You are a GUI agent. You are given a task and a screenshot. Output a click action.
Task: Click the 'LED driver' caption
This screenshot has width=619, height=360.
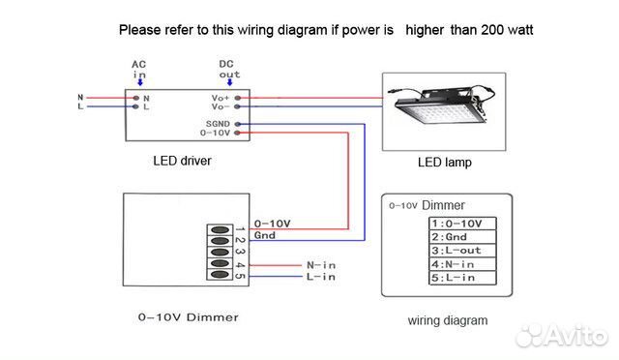(182, 161)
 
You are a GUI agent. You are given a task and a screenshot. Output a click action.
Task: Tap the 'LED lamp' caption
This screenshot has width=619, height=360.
(444, 163)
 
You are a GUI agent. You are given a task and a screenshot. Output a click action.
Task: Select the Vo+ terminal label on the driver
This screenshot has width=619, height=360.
(220, 98)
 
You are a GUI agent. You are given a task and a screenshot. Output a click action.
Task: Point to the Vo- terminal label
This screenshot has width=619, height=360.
(220, 107)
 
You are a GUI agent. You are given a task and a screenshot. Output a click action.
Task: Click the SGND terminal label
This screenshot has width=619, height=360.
(217, 125)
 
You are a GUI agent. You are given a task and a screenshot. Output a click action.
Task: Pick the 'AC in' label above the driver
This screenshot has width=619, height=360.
(139, 69)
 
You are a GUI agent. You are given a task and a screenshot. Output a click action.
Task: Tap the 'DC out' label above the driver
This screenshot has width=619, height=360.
(229, 69)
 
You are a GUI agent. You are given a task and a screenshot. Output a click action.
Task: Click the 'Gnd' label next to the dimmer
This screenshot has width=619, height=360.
(264, 235)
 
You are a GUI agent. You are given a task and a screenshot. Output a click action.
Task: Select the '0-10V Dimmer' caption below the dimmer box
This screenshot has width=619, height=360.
(188, 316)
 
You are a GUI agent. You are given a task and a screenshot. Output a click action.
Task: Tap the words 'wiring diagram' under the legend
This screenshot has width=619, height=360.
(447, 319)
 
